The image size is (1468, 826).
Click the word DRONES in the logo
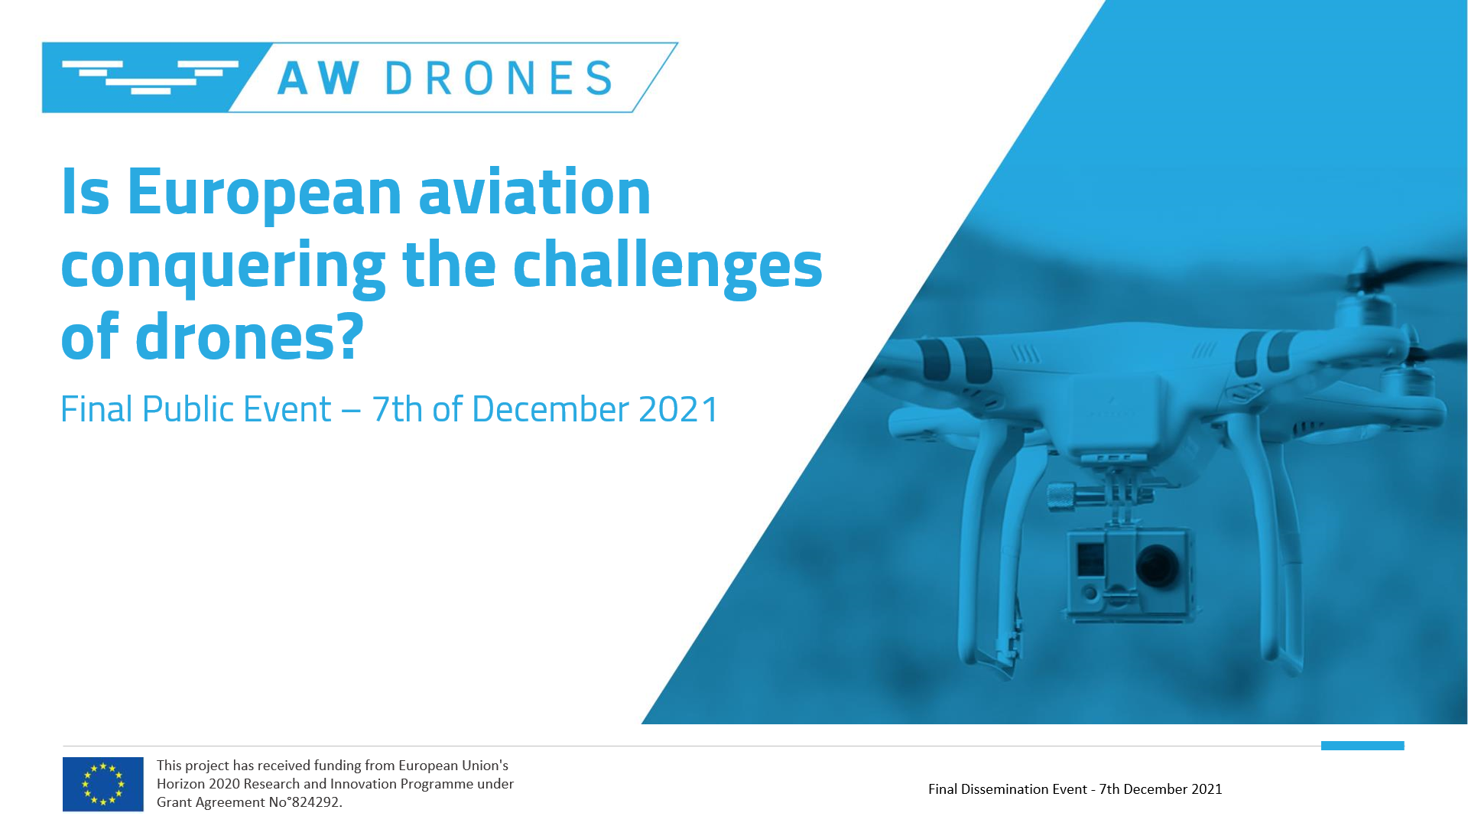pos(499,78)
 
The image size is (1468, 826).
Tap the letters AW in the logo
pos(318,78)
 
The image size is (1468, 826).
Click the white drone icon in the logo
pos(150,77)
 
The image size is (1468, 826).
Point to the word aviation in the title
pos(534,191)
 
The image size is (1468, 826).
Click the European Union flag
pos(103,784)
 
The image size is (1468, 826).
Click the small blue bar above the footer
pos(1362,746)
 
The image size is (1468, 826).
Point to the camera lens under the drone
pos(1157,565)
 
